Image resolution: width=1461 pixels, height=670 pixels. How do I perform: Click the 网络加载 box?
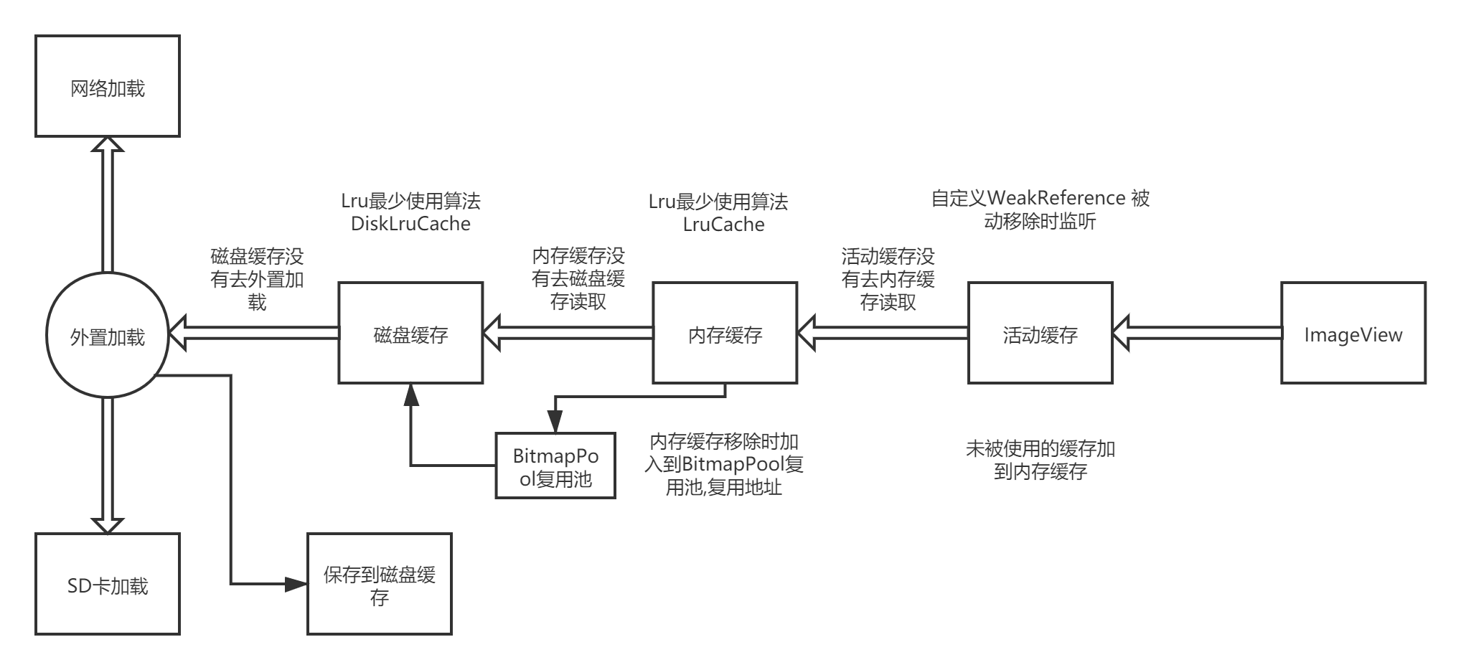point(108,87)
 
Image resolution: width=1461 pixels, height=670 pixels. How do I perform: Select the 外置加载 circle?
point(108,335)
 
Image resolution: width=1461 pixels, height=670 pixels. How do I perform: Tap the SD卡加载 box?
point(108,584)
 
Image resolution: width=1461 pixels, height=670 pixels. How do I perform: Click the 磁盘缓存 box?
point(410,333)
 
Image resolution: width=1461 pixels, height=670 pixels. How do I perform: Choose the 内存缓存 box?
point(725,333)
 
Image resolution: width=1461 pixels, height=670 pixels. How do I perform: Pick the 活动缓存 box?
point(1040,333)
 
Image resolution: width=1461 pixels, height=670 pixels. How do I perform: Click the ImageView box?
point(1353,333)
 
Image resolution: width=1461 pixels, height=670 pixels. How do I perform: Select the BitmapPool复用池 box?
point(555,466)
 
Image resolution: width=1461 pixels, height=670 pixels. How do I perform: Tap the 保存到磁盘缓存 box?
point(380,584)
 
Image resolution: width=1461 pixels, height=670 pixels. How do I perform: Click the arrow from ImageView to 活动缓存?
point(1198,333)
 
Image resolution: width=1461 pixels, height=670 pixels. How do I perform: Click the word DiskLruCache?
point(410,224)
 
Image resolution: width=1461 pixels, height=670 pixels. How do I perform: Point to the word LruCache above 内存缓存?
point(723,225)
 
